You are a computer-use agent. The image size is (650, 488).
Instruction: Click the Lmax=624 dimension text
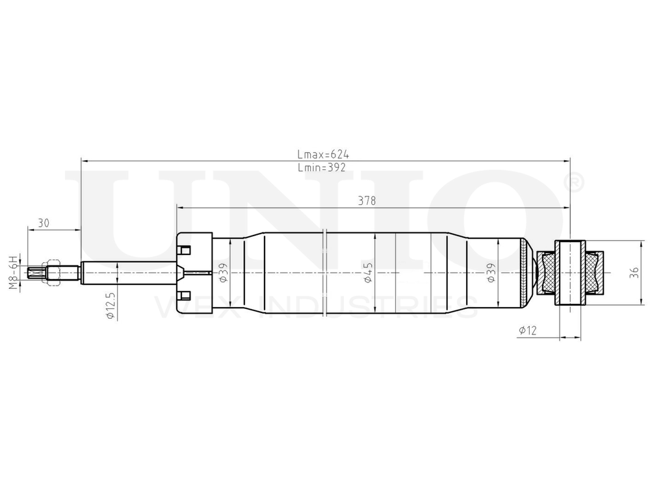[323, 154]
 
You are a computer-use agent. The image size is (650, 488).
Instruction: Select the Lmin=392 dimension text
[321, 167]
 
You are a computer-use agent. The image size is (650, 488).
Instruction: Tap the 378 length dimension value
[367, 201]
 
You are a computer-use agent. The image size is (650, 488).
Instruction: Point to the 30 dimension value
[44, 223]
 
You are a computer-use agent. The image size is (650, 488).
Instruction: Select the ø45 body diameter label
[368, 273]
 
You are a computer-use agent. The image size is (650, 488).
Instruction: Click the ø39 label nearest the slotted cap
[222, 272]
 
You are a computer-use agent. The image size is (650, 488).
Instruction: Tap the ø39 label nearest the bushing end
[491, 272]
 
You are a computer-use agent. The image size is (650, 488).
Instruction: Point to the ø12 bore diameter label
[527, 331]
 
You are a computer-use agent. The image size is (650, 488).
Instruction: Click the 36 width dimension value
[634, 273]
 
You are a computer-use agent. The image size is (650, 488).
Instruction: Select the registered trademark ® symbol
[575, 182]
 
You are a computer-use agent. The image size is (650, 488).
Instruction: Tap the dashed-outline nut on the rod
[50, 272]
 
